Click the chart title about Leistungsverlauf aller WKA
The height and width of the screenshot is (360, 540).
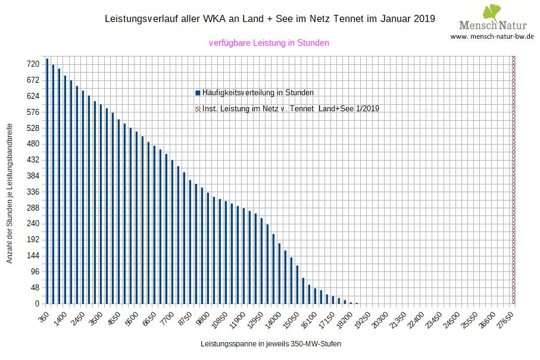[270, 19]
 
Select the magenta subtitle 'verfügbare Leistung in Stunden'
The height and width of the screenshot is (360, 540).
[269, 43]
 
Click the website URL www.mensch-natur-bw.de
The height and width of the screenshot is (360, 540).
[492, 36]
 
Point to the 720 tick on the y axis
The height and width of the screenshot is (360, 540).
[33, 64]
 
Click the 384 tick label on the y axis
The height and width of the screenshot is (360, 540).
[33, 176]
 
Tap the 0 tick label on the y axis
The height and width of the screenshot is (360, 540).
[36, 304]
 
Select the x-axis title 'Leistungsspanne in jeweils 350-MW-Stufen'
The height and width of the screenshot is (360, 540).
[271, 344]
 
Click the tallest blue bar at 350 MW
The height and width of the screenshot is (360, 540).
[46, 181]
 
